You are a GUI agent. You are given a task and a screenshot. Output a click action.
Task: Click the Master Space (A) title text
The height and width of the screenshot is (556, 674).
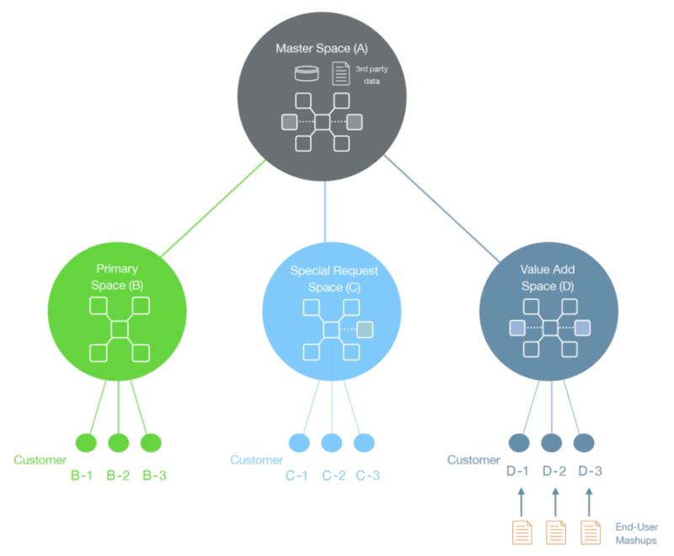click(x=322, y=49)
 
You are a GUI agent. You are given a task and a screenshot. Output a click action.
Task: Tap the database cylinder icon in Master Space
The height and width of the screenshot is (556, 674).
click(x=307, y=73)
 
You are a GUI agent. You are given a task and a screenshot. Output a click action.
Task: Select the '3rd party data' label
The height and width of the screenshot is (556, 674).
click(x=372, y=75)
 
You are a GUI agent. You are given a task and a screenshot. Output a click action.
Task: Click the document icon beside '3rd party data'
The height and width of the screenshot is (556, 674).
click(x=341, y=73)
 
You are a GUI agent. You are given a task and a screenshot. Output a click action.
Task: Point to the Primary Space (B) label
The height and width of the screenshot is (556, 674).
click(x=117, y=277)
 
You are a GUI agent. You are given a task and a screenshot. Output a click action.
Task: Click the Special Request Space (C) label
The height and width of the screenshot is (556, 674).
click(x=334, y=279)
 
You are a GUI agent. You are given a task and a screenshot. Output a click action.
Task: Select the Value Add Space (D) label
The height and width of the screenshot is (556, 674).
click(x=548, y=277)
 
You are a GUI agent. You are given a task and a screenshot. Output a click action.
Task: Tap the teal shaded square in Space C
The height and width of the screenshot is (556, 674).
click(x=365, y=329)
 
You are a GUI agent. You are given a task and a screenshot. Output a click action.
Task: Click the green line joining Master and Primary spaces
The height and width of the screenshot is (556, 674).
click(x=213, y=208)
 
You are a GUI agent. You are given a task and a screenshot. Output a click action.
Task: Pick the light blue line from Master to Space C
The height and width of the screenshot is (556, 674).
click(x=325, y=211)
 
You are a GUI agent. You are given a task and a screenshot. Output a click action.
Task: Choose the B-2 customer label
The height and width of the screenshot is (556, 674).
click(x=118, y=475)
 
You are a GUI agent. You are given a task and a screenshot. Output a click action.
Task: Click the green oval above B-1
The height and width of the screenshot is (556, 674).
click(x=86, y=442)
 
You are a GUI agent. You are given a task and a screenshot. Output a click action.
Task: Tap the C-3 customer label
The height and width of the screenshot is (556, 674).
click(x=368, y=475)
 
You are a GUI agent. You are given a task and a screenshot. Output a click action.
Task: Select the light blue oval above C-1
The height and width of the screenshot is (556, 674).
click(x=299, y=442)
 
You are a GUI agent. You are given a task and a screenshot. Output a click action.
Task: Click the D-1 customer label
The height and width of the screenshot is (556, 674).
click(x=517, y=471)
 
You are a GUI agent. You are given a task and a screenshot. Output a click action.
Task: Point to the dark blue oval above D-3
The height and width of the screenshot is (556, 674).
click(x=584, y=442)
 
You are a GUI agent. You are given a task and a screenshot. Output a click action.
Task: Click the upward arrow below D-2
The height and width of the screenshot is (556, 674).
click(x=555, y=502)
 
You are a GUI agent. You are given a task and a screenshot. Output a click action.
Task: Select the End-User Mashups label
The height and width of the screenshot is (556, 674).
click(x=636, y=533)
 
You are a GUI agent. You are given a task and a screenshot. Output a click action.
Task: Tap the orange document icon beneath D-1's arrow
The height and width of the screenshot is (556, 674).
click(x=522, y=532)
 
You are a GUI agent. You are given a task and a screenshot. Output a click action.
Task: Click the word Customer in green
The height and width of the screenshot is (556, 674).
click(x=40, y=460)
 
